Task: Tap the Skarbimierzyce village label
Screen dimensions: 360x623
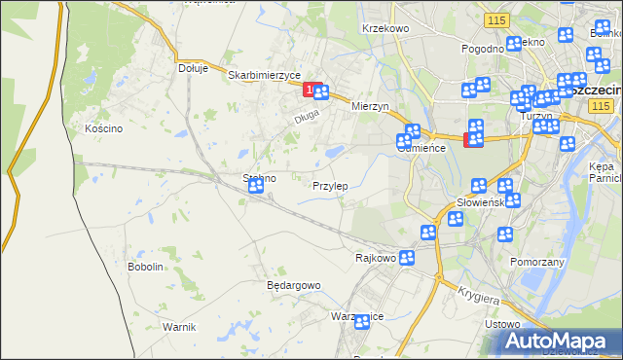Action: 264,75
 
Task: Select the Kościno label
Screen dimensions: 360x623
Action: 103,128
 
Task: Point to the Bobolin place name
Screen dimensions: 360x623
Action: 145,266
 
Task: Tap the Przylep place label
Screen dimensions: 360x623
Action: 330,185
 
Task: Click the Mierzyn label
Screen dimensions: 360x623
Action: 370,106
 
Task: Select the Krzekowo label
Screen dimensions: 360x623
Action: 385,29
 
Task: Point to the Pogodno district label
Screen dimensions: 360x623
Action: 483,48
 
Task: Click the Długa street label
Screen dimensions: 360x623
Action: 307,121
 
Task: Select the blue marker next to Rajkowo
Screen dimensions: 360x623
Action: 407,258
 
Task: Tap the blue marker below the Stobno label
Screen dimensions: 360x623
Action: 255,186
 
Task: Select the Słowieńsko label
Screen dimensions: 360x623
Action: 479,202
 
